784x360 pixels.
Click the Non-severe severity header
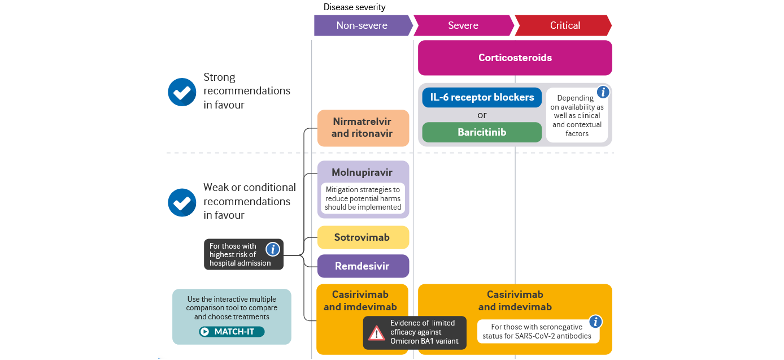pos(362,25)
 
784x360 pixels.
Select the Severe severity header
pos(463,25)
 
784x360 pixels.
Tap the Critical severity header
pos(564,25)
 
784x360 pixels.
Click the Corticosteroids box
pos(515,58)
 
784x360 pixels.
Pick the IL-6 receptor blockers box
pos(482,97)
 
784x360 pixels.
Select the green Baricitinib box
pos(482,132)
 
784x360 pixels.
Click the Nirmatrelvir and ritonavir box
pos(363,128)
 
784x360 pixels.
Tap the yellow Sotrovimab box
pos(363,237)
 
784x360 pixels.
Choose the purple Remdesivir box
pos(363,266)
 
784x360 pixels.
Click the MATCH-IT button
pos(232,332)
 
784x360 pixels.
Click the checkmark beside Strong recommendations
pos(182,92)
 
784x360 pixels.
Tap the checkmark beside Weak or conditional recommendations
pos(182,202)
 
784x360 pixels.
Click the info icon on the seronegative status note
pos(595,322)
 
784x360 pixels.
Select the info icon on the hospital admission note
pos(273,249)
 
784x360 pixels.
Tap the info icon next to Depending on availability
pos(603,92)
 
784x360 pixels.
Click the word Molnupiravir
pos(363,173)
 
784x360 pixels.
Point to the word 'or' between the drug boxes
pos(482,115)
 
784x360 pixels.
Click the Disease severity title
pos(354,7)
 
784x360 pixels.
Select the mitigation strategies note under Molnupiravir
pos(363,198)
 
